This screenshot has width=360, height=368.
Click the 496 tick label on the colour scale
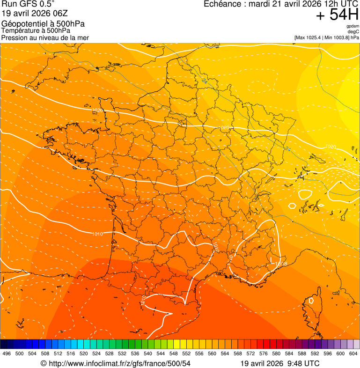tap(7, 353)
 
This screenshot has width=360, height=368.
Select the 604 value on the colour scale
tap(353, 353)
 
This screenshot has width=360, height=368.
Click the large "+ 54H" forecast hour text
tap(337, 15)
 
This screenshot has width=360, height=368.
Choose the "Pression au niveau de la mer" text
tap(45, 37)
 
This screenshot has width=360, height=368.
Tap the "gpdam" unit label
tap(353, 26)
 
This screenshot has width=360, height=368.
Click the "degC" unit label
tap(354, 31)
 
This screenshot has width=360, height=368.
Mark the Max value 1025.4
tap(314, 37)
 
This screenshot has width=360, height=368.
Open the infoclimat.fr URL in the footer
tap(119, 363)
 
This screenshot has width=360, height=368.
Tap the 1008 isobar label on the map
tap(281, 264)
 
